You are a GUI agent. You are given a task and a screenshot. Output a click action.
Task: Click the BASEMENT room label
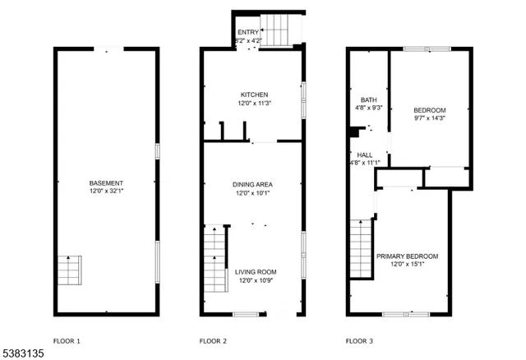107,182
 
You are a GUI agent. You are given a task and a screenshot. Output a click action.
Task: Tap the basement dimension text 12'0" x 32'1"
107,191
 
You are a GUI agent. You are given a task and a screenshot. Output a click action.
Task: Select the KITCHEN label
254,95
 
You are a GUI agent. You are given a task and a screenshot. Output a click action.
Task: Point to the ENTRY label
247,32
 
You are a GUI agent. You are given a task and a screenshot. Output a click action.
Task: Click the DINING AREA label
254,184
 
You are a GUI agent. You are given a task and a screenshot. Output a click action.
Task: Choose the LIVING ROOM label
256,272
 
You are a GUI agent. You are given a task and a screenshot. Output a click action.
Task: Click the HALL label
365,155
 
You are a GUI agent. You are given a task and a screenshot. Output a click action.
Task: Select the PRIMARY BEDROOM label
407,256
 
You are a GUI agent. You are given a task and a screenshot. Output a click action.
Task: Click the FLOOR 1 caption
67,340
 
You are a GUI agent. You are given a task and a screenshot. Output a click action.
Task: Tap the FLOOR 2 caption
213,340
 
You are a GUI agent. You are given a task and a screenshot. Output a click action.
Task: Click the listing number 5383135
24,353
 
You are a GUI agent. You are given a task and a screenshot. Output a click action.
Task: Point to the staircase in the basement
69,270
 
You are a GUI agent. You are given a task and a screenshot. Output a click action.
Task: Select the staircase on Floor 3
361,249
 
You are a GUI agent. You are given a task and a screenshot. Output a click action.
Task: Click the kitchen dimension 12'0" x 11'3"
254,104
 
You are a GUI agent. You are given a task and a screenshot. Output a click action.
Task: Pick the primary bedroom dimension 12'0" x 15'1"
407,265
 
